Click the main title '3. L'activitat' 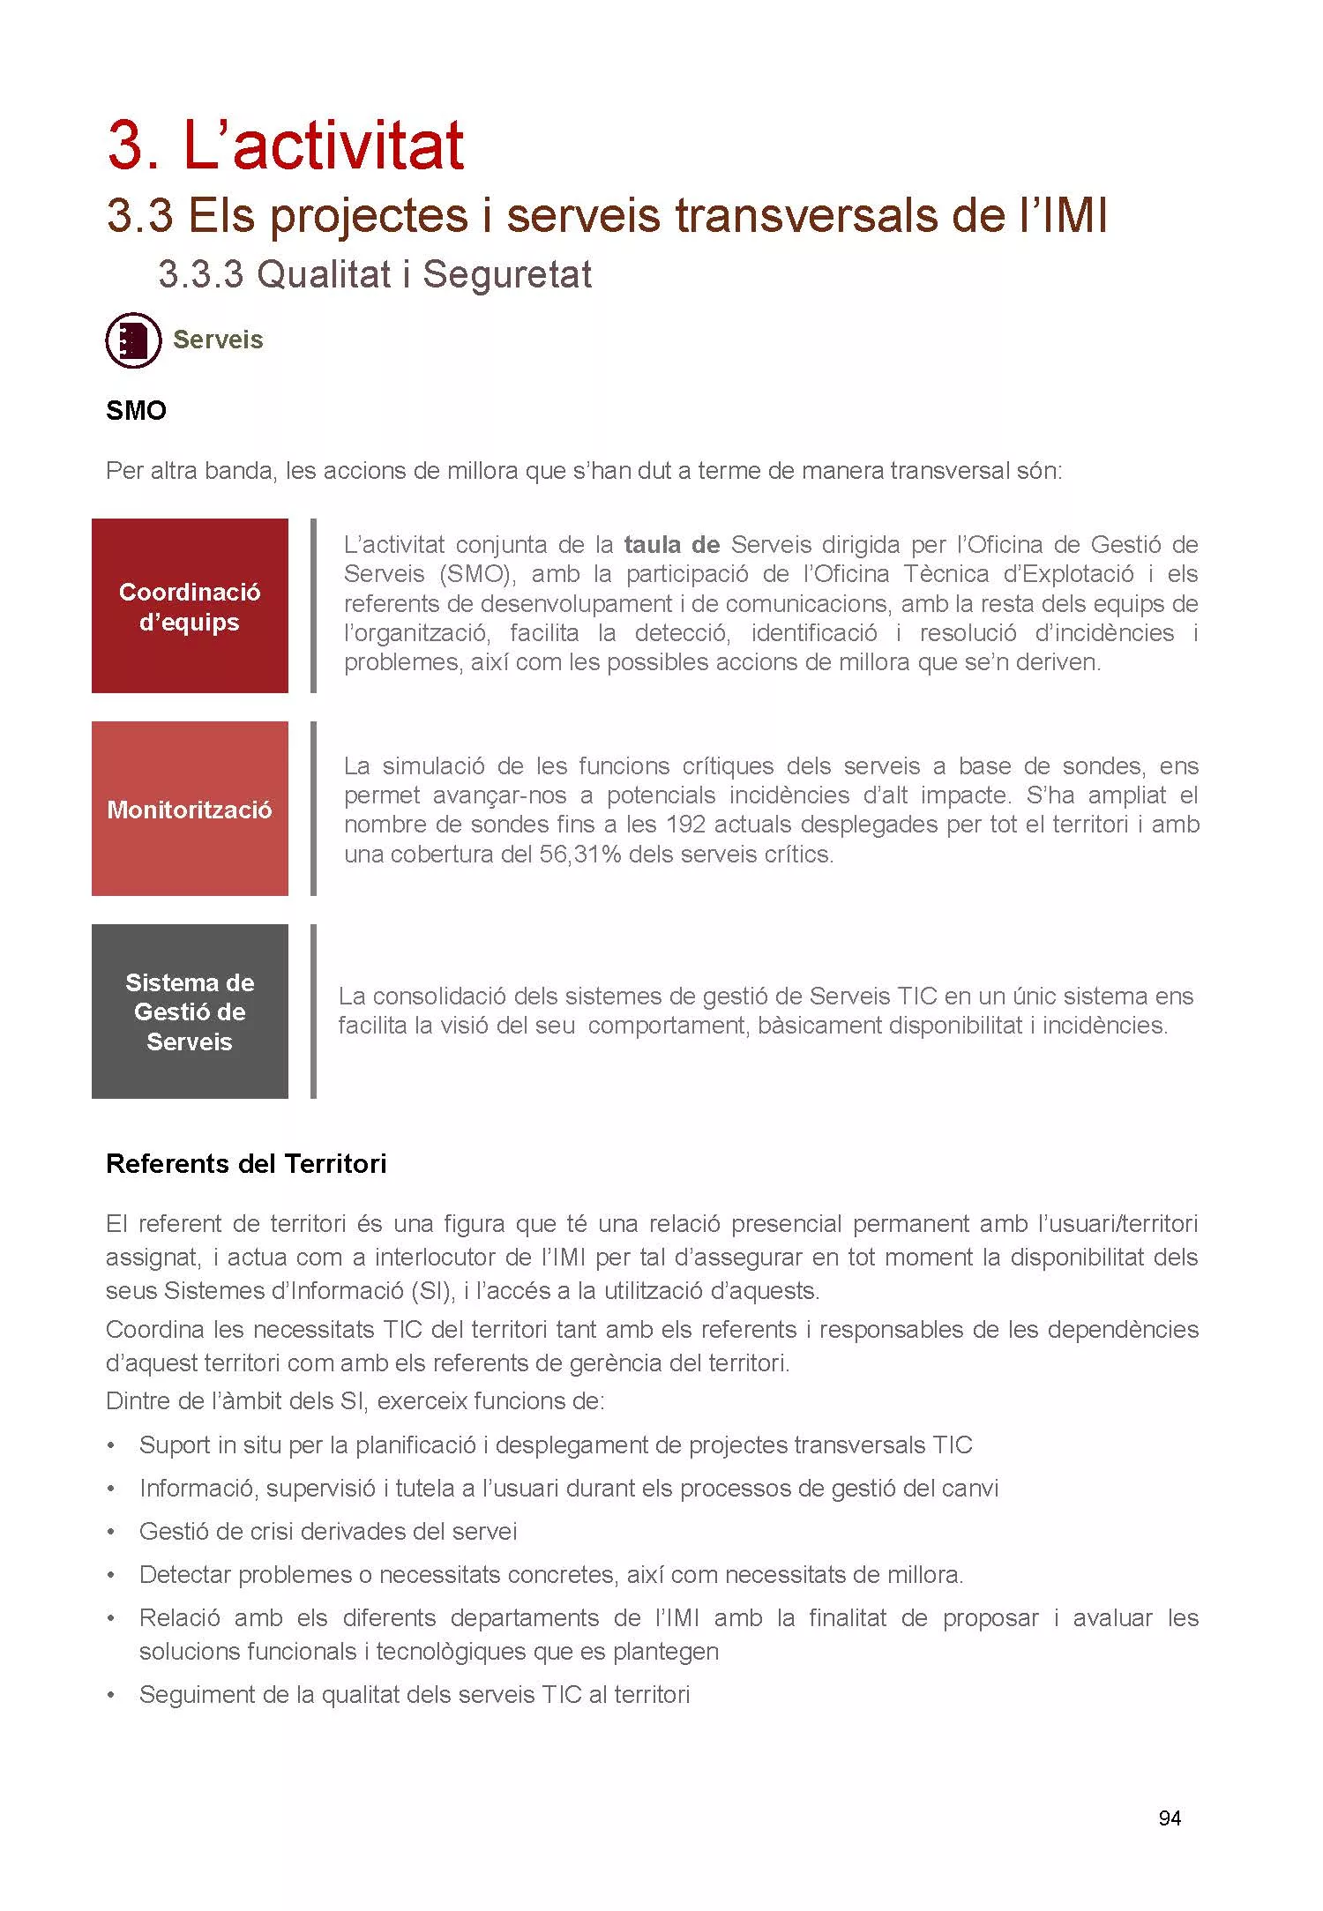point(285,146)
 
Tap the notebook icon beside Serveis point(133,340)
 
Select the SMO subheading point(136,411)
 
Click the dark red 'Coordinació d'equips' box point(190,606)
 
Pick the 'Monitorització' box point(190,809)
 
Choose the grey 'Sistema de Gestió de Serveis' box point(190,1011)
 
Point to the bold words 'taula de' point(671,545)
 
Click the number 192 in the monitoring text point(685,825)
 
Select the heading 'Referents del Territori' point(246,1164)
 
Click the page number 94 point(1170,1818)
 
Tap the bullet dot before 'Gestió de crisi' point(110,1532)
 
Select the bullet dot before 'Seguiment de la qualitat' point(110,1695)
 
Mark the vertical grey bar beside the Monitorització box point(313,809)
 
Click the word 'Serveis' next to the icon point(218,340)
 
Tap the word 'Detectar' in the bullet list point(185,1575)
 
